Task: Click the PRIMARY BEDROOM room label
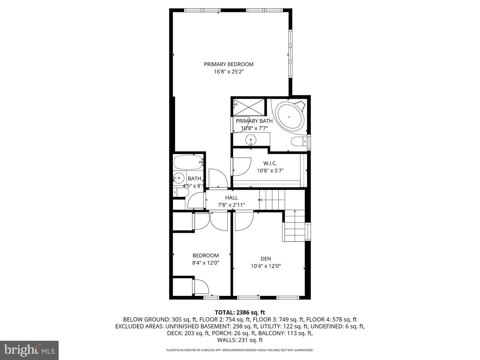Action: tap(229, 64)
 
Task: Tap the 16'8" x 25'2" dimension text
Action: tap(229, 72)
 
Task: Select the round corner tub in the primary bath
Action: tap(289, 117)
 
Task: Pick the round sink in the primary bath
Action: tap(251, 139)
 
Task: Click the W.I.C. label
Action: tap(270, 163)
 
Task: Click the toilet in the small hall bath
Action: tap(182, 193)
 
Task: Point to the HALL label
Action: tap(231, 198)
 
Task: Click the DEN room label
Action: tap(266, 259)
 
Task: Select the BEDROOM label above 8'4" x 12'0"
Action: tap(206, 255)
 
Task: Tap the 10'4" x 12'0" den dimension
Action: tap(266, 266)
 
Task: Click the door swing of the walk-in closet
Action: tap(242, 166)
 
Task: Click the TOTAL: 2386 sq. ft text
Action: tap(240, 312)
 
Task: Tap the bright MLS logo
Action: tap(29, 350)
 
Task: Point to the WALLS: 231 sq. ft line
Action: tap(240, 340)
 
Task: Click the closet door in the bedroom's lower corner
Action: tap(201, 287)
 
